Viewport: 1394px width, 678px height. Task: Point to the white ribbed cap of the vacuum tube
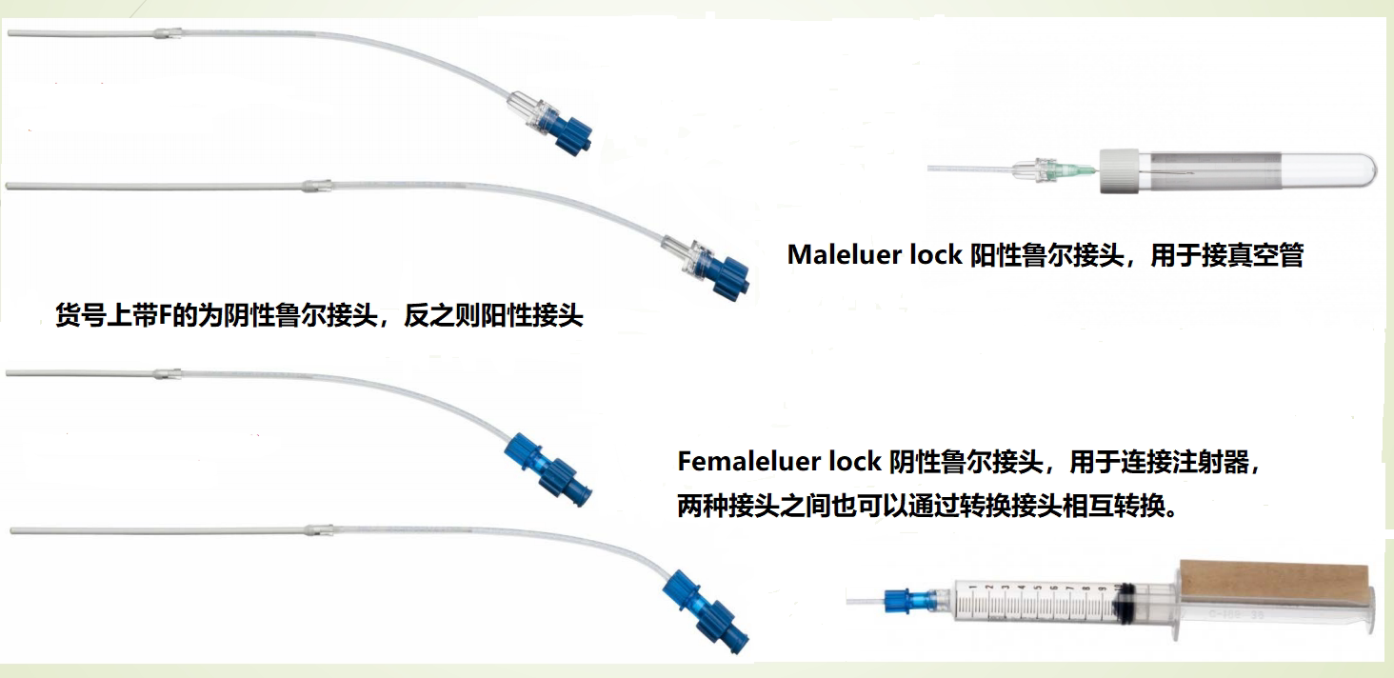[1121, 171]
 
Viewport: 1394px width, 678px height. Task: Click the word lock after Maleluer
[937, 255]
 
